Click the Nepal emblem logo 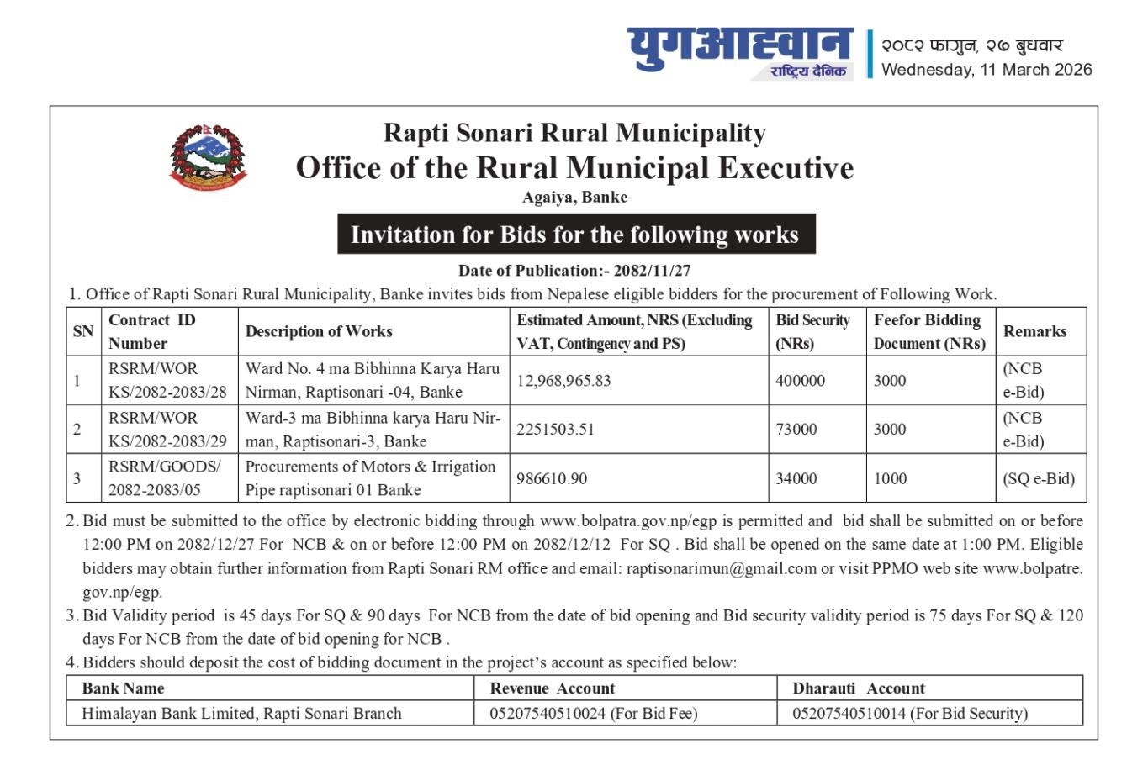point(209,156)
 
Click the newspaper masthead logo point(739,52)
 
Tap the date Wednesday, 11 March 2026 point(987,70)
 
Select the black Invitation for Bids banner point(575,234)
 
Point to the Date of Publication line point(574,271)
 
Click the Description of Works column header point(319,331)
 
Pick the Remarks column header point(1034,331)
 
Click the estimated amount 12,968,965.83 point(563,380)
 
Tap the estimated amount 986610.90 point(552,478)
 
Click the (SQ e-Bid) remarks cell point(1038,478)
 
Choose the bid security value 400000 point(800,380)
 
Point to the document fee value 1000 point(890,478)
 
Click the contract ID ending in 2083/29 point(167,430)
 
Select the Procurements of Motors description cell point(370,477)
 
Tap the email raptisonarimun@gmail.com point(721,568)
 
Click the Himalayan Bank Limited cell point(241,713)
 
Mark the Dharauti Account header point(858,688)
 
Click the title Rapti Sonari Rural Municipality point(574,133)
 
